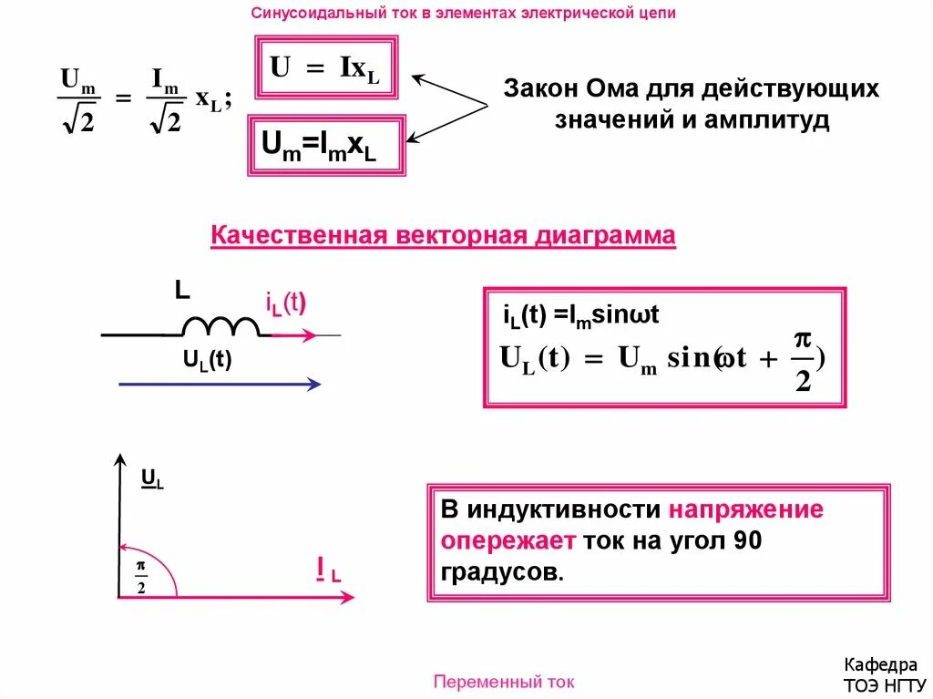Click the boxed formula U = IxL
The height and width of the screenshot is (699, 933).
point(326,68)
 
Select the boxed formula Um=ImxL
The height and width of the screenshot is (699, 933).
point(325,146)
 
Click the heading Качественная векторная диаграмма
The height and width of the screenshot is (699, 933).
point(443,236)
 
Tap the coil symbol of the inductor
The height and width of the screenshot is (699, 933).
point(220,326)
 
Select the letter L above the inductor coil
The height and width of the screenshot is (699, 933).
point(182,291)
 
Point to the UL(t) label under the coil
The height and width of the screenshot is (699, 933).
point(208,360)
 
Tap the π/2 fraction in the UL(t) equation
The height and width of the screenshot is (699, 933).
point(802,360)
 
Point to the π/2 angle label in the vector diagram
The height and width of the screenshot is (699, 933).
point(141,576)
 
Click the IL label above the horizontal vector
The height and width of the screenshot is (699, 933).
point(328,571)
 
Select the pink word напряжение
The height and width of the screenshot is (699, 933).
point(746,509)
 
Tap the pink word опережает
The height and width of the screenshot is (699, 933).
point(508,540)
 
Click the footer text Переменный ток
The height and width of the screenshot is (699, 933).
point(504,682)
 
